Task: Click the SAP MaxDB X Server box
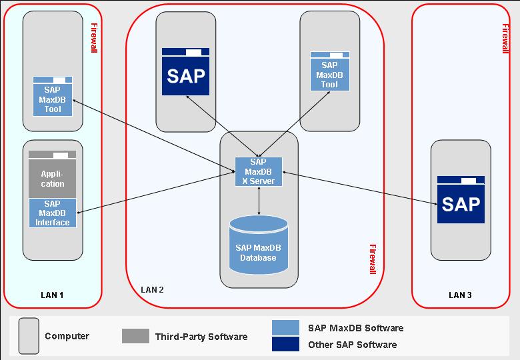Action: pos(258,172)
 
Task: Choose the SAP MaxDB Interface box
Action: pos(53,213)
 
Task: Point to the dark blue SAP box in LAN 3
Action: pos(461,201)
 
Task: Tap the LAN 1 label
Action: pos(53,295)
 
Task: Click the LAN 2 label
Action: pos(152,289)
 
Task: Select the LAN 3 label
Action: pos(461,295)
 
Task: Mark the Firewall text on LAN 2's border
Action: pos(372,261)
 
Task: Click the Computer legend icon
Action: pos(29,335)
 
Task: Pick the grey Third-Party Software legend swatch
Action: pos(135,336)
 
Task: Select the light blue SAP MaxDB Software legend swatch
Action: pos(286,327)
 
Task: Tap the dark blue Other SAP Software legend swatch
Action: pos(286,344)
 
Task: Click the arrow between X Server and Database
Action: pos(259,200)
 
